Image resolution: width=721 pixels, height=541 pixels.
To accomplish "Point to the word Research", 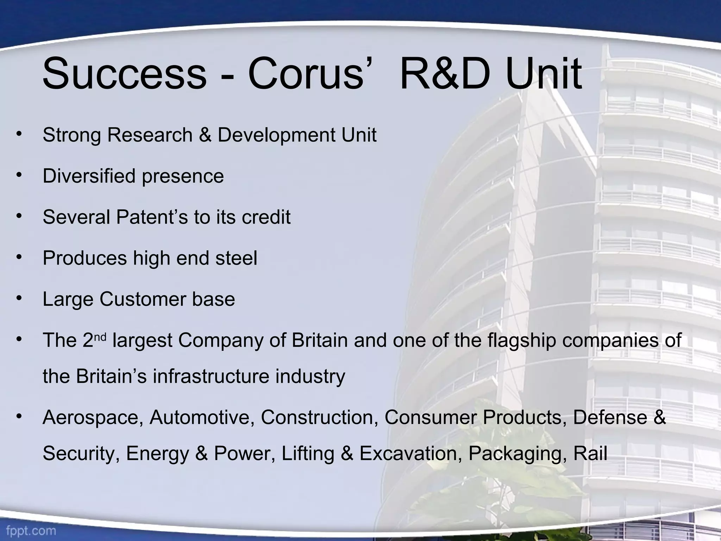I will (x=150, y=135).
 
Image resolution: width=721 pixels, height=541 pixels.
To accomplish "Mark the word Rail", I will (x=590, y=453).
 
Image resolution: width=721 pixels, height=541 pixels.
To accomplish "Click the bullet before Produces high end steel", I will (x=19, y=257).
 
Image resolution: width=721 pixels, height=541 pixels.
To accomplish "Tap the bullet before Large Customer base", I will (x=19, y=298).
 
